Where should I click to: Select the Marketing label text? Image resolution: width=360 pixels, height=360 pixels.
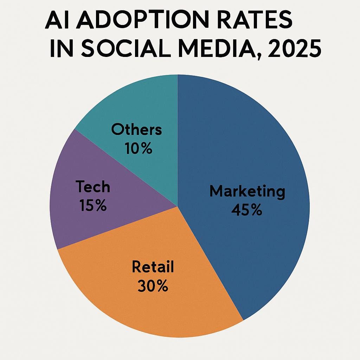tap(247, 192)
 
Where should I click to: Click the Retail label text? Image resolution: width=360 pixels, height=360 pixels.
tap(153, 268)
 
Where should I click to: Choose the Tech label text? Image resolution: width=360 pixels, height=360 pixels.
tap(93, 187)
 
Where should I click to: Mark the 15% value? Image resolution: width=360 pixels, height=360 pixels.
tap(93, 205)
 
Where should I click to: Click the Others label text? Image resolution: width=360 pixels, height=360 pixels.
tap(136, 130)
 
